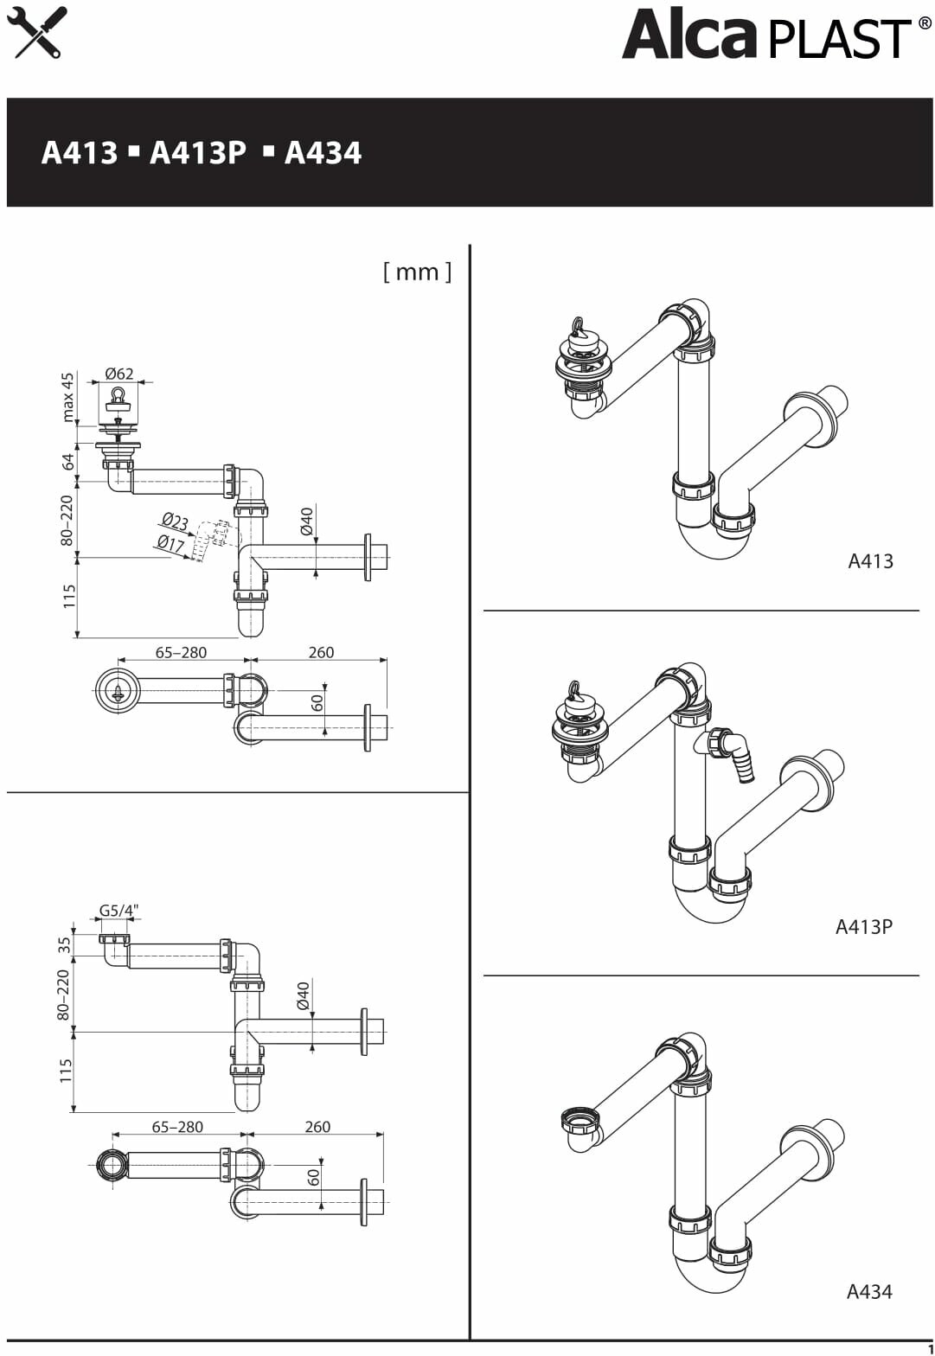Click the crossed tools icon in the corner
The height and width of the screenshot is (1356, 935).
coord(36,32)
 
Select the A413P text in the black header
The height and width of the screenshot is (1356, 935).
coord(198,153)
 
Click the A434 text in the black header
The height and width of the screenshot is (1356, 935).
coord(323,153)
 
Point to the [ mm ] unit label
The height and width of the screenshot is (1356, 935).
coord(417,272)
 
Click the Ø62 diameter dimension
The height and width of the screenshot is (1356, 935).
coord(119,374)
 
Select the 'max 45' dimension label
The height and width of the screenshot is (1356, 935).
coord(68,397)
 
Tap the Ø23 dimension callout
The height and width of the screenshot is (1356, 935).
coord(175,521)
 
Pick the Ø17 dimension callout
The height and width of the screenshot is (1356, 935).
coord(170,543)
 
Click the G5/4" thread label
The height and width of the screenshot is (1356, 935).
coord(118,911)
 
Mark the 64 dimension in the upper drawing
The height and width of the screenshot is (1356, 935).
coord(68,463)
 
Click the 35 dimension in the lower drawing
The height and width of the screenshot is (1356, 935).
coord(65,944)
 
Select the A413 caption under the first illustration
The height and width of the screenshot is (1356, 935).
coord(870,561)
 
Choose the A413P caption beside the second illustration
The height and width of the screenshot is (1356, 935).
coord(863,927)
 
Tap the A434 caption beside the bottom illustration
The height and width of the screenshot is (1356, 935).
coord(868,1292)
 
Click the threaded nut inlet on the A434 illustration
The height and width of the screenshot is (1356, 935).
coord(579,1122)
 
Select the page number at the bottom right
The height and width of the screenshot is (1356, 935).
coord(930,1349)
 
